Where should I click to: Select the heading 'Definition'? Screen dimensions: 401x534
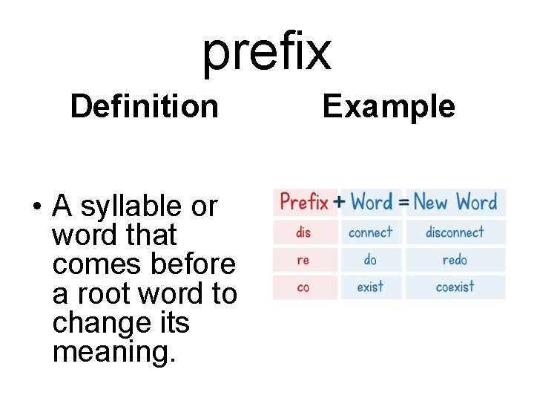pyautogui.click(x=144, y=106)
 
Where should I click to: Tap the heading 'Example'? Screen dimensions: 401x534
pyautogui.click(x=389, y=106)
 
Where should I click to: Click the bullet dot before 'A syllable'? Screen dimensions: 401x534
pyautogui.click(x=35, y=206)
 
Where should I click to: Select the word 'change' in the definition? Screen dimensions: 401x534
pyautogui.click(x=94, y=323)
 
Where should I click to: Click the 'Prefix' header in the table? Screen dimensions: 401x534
pyautogui.click(x=304, y=201)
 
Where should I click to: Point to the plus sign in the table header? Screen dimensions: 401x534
pyautogui.click(x=339, y=201)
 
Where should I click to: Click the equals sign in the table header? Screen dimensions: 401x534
pyautogui.click(x=404, y=201)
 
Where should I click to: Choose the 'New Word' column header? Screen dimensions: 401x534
pyautogui.click(x=455, y=201)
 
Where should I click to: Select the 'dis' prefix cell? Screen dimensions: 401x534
pyautogui.click(x=303, y=232)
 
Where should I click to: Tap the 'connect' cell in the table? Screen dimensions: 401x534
pyautogui.click(x=370, y=232)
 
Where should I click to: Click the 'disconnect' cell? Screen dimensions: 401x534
pyautogui.click(x=455, y=232)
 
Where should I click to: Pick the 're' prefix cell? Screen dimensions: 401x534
pyautogui.click(x=303, y=260)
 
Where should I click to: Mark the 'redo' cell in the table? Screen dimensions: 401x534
pyautogui.click(x=455, y=260)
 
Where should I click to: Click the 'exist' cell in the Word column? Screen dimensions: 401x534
pyautogui.click(x=370, y=287)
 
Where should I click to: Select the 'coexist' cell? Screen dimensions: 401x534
pyautogui.click(x=455, y=287)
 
